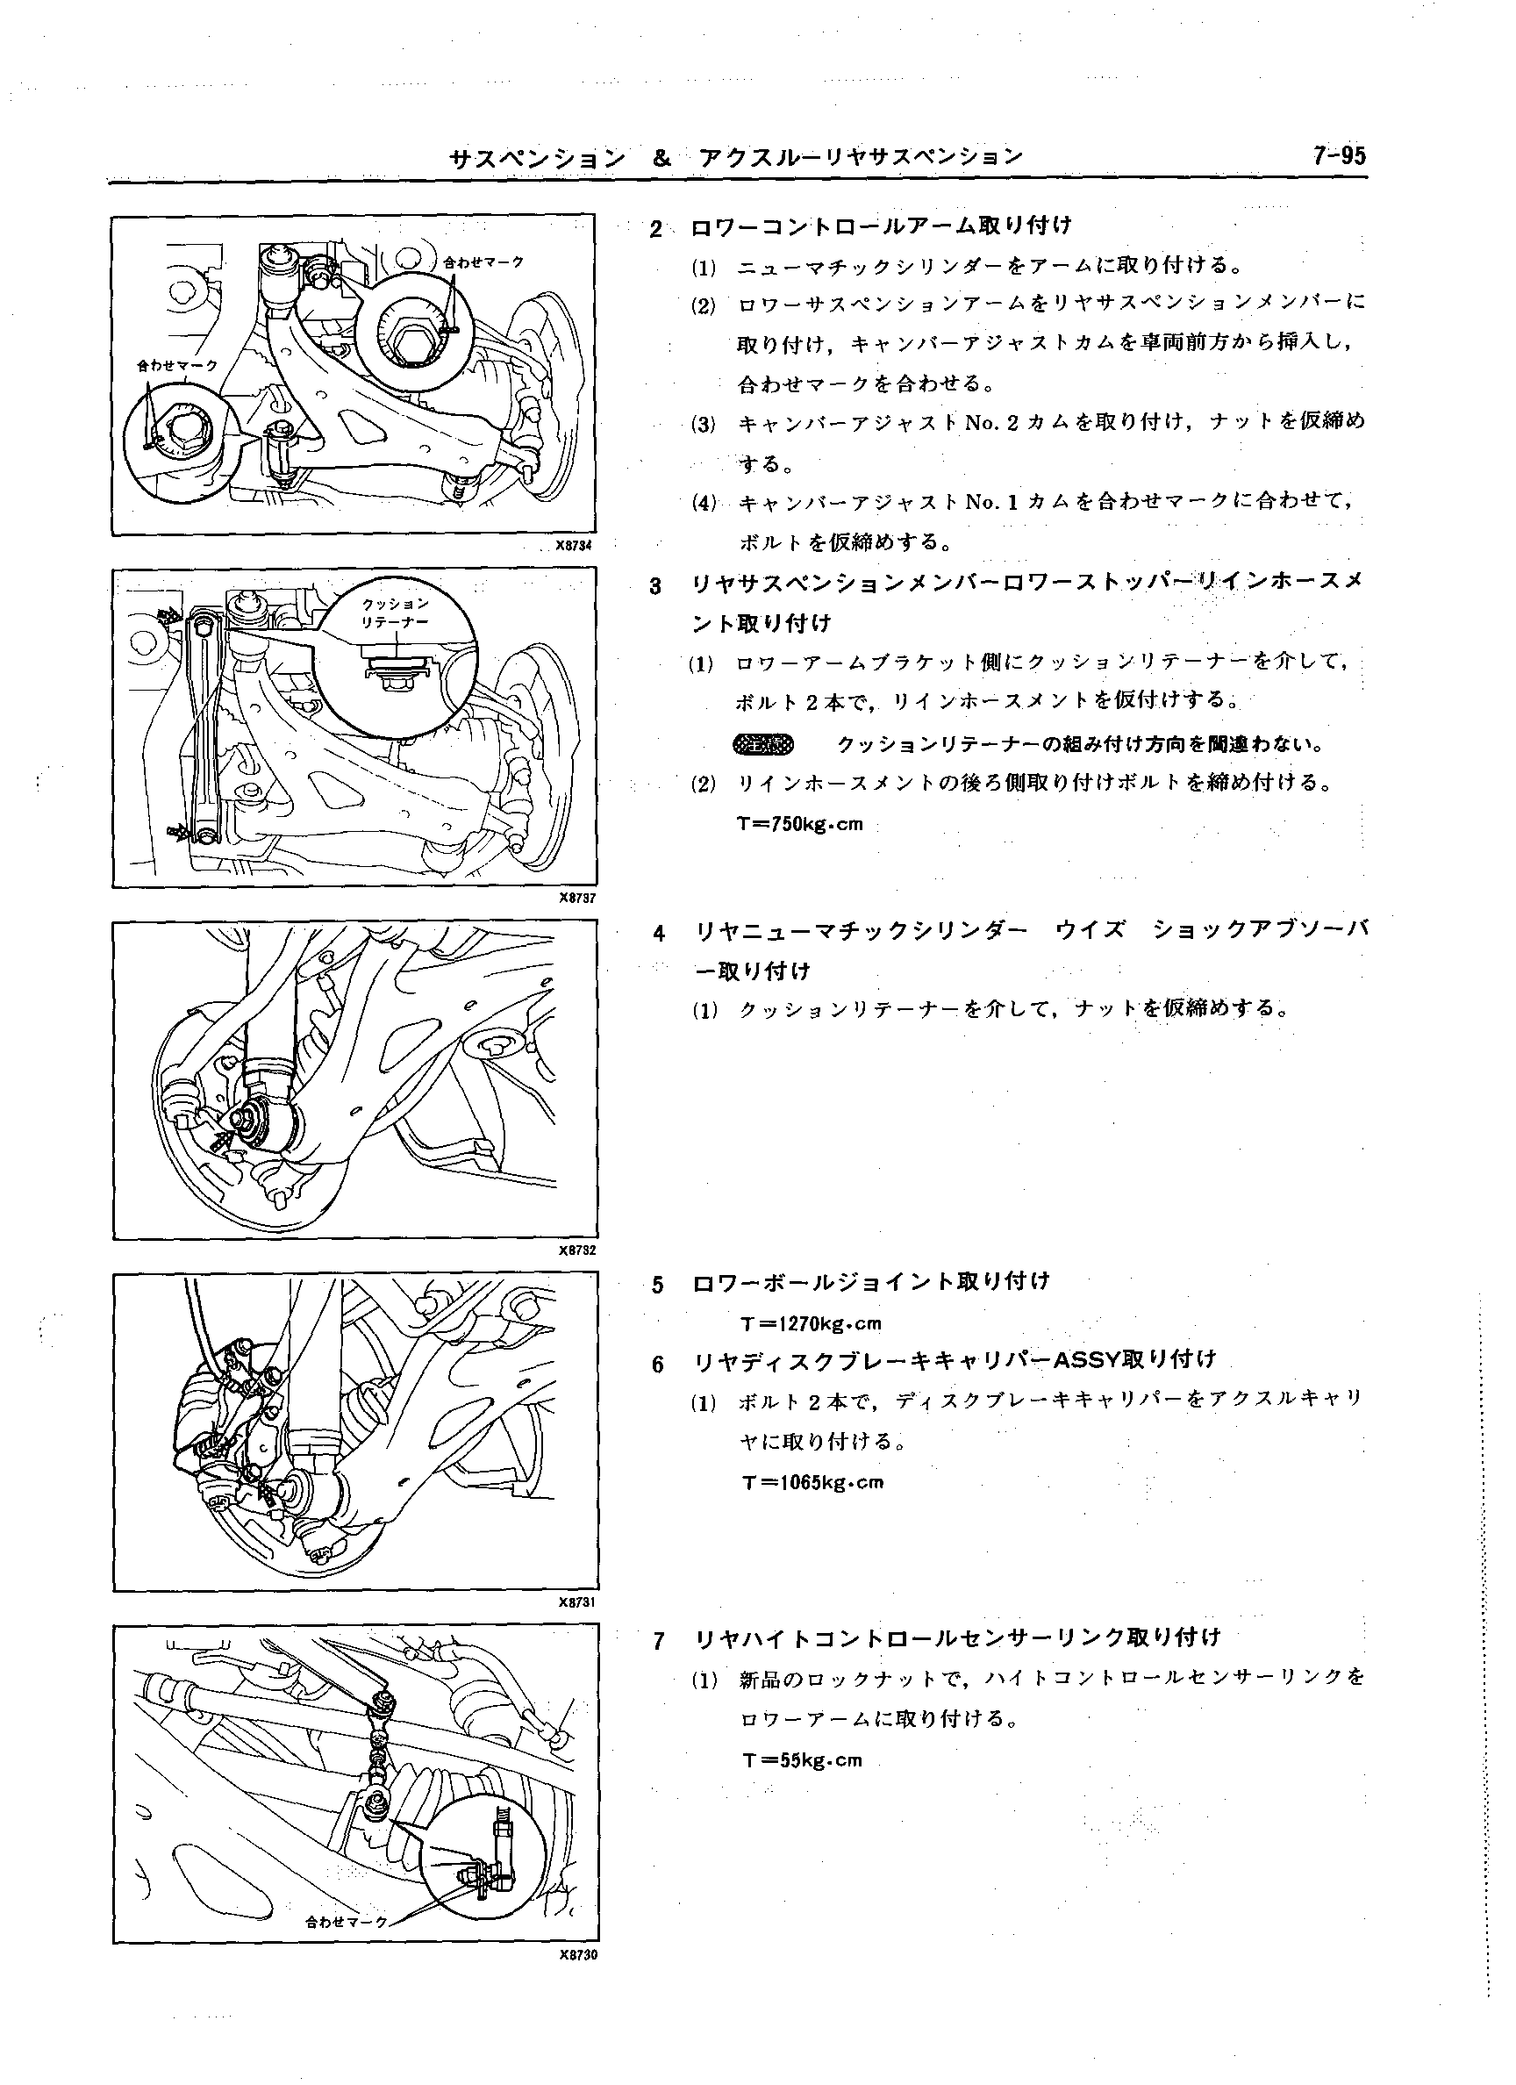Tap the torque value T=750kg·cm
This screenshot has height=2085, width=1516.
(800, 824)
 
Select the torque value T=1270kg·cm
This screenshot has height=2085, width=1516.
(811, 1324)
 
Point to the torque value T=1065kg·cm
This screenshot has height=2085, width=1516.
(812, 1482)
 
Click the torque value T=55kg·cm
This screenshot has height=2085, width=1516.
(803, 1760)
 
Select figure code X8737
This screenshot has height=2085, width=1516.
(578, 899)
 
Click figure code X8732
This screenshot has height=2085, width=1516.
(578, 1250)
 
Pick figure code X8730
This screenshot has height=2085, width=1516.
(578, 1955)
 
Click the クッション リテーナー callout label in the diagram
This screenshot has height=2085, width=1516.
(396, 613)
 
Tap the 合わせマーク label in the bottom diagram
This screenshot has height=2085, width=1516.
(347, 1923)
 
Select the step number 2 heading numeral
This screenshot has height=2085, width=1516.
(655, 229)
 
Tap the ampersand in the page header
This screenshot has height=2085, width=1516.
(661, 157)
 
